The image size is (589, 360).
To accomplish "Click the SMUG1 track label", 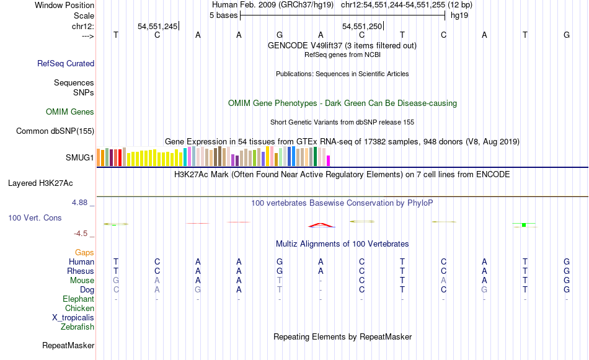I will coord(79,157).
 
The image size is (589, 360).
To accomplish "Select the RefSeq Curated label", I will coord(66,63).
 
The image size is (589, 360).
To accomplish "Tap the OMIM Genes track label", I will coord(70,112).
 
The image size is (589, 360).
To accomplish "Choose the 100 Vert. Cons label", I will coord(35,218).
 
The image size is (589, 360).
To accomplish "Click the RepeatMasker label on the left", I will coord(68,345).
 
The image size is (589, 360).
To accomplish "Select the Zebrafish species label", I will coord(77,327).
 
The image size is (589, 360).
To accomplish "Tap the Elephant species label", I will coord(78,299).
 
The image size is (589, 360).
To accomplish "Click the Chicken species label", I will coord(79,308).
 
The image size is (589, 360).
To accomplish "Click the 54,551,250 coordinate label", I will coord(362,26).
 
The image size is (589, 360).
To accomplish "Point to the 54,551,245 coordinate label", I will coord(157,26).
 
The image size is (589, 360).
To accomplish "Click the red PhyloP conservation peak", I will coord(320,224).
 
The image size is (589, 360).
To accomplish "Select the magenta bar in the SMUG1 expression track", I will coord(328,160).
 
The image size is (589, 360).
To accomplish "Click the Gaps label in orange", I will coord(84,252).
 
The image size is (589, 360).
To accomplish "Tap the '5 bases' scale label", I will coord(223,15).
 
